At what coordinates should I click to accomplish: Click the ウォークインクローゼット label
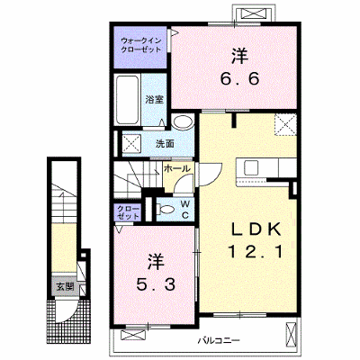(140, 45)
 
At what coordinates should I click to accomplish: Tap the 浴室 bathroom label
(155, 100)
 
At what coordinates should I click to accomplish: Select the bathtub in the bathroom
(128, 100)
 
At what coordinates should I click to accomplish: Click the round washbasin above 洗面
(184, 122)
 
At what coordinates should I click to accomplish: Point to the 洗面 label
(165, 144)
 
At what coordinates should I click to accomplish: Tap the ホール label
(177, 168)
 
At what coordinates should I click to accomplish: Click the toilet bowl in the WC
(166, 209)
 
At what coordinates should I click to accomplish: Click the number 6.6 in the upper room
(239, 79)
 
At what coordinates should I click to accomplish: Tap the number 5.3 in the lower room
(156, 284)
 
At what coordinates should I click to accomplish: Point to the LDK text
(256, 230)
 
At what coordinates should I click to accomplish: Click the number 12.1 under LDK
(256, 251)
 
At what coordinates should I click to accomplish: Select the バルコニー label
(219, 340)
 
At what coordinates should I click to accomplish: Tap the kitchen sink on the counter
(251, 168)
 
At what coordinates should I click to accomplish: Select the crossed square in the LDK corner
(284, 125)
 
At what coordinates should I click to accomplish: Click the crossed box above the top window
(254, 13)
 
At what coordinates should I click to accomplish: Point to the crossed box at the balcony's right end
(290, 333)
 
